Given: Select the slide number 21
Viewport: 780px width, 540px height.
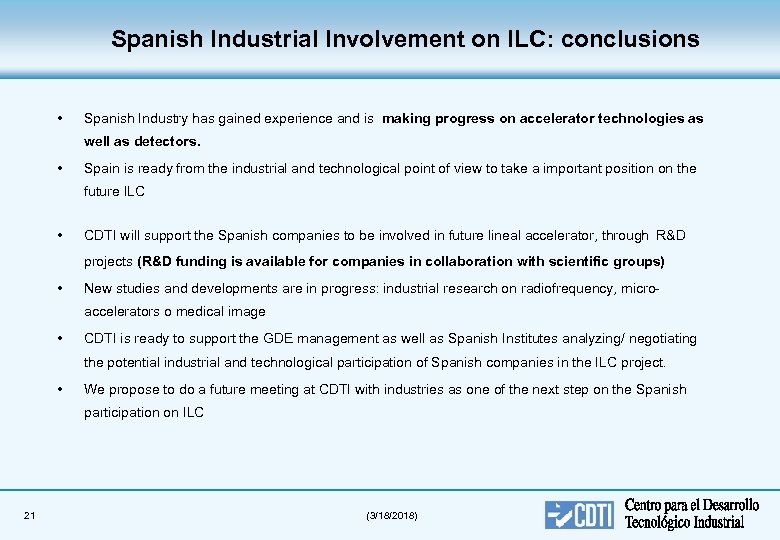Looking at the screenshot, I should click(29, 515).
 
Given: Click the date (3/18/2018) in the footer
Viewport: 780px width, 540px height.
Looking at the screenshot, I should click(393, 515).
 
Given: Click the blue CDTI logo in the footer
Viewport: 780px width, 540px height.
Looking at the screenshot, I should click(580, 514).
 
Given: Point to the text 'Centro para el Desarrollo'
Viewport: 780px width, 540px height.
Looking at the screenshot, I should click(692, 505).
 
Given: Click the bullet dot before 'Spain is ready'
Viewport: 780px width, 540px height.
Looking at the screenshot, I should click(62, 169).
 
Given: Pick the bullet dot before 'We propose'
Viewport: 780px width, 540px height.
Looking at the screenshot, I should click(62, 389).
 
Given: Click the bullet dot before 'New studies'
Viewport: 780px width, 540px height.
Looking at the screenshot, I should click(62, 288).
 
